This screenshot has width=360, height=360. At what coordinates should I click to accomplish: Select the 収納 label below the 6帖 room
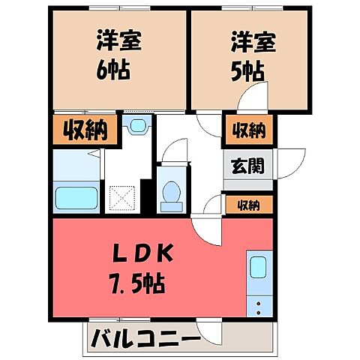pyautogui.click(x=85, y=130)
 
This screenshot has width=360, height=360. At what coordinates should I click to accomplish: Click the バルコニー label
pyautogui.click(x=145, y=340)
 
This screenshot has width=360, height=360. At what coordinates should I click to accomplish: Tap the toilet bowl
pyautogui.click(x=171, y=196)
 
